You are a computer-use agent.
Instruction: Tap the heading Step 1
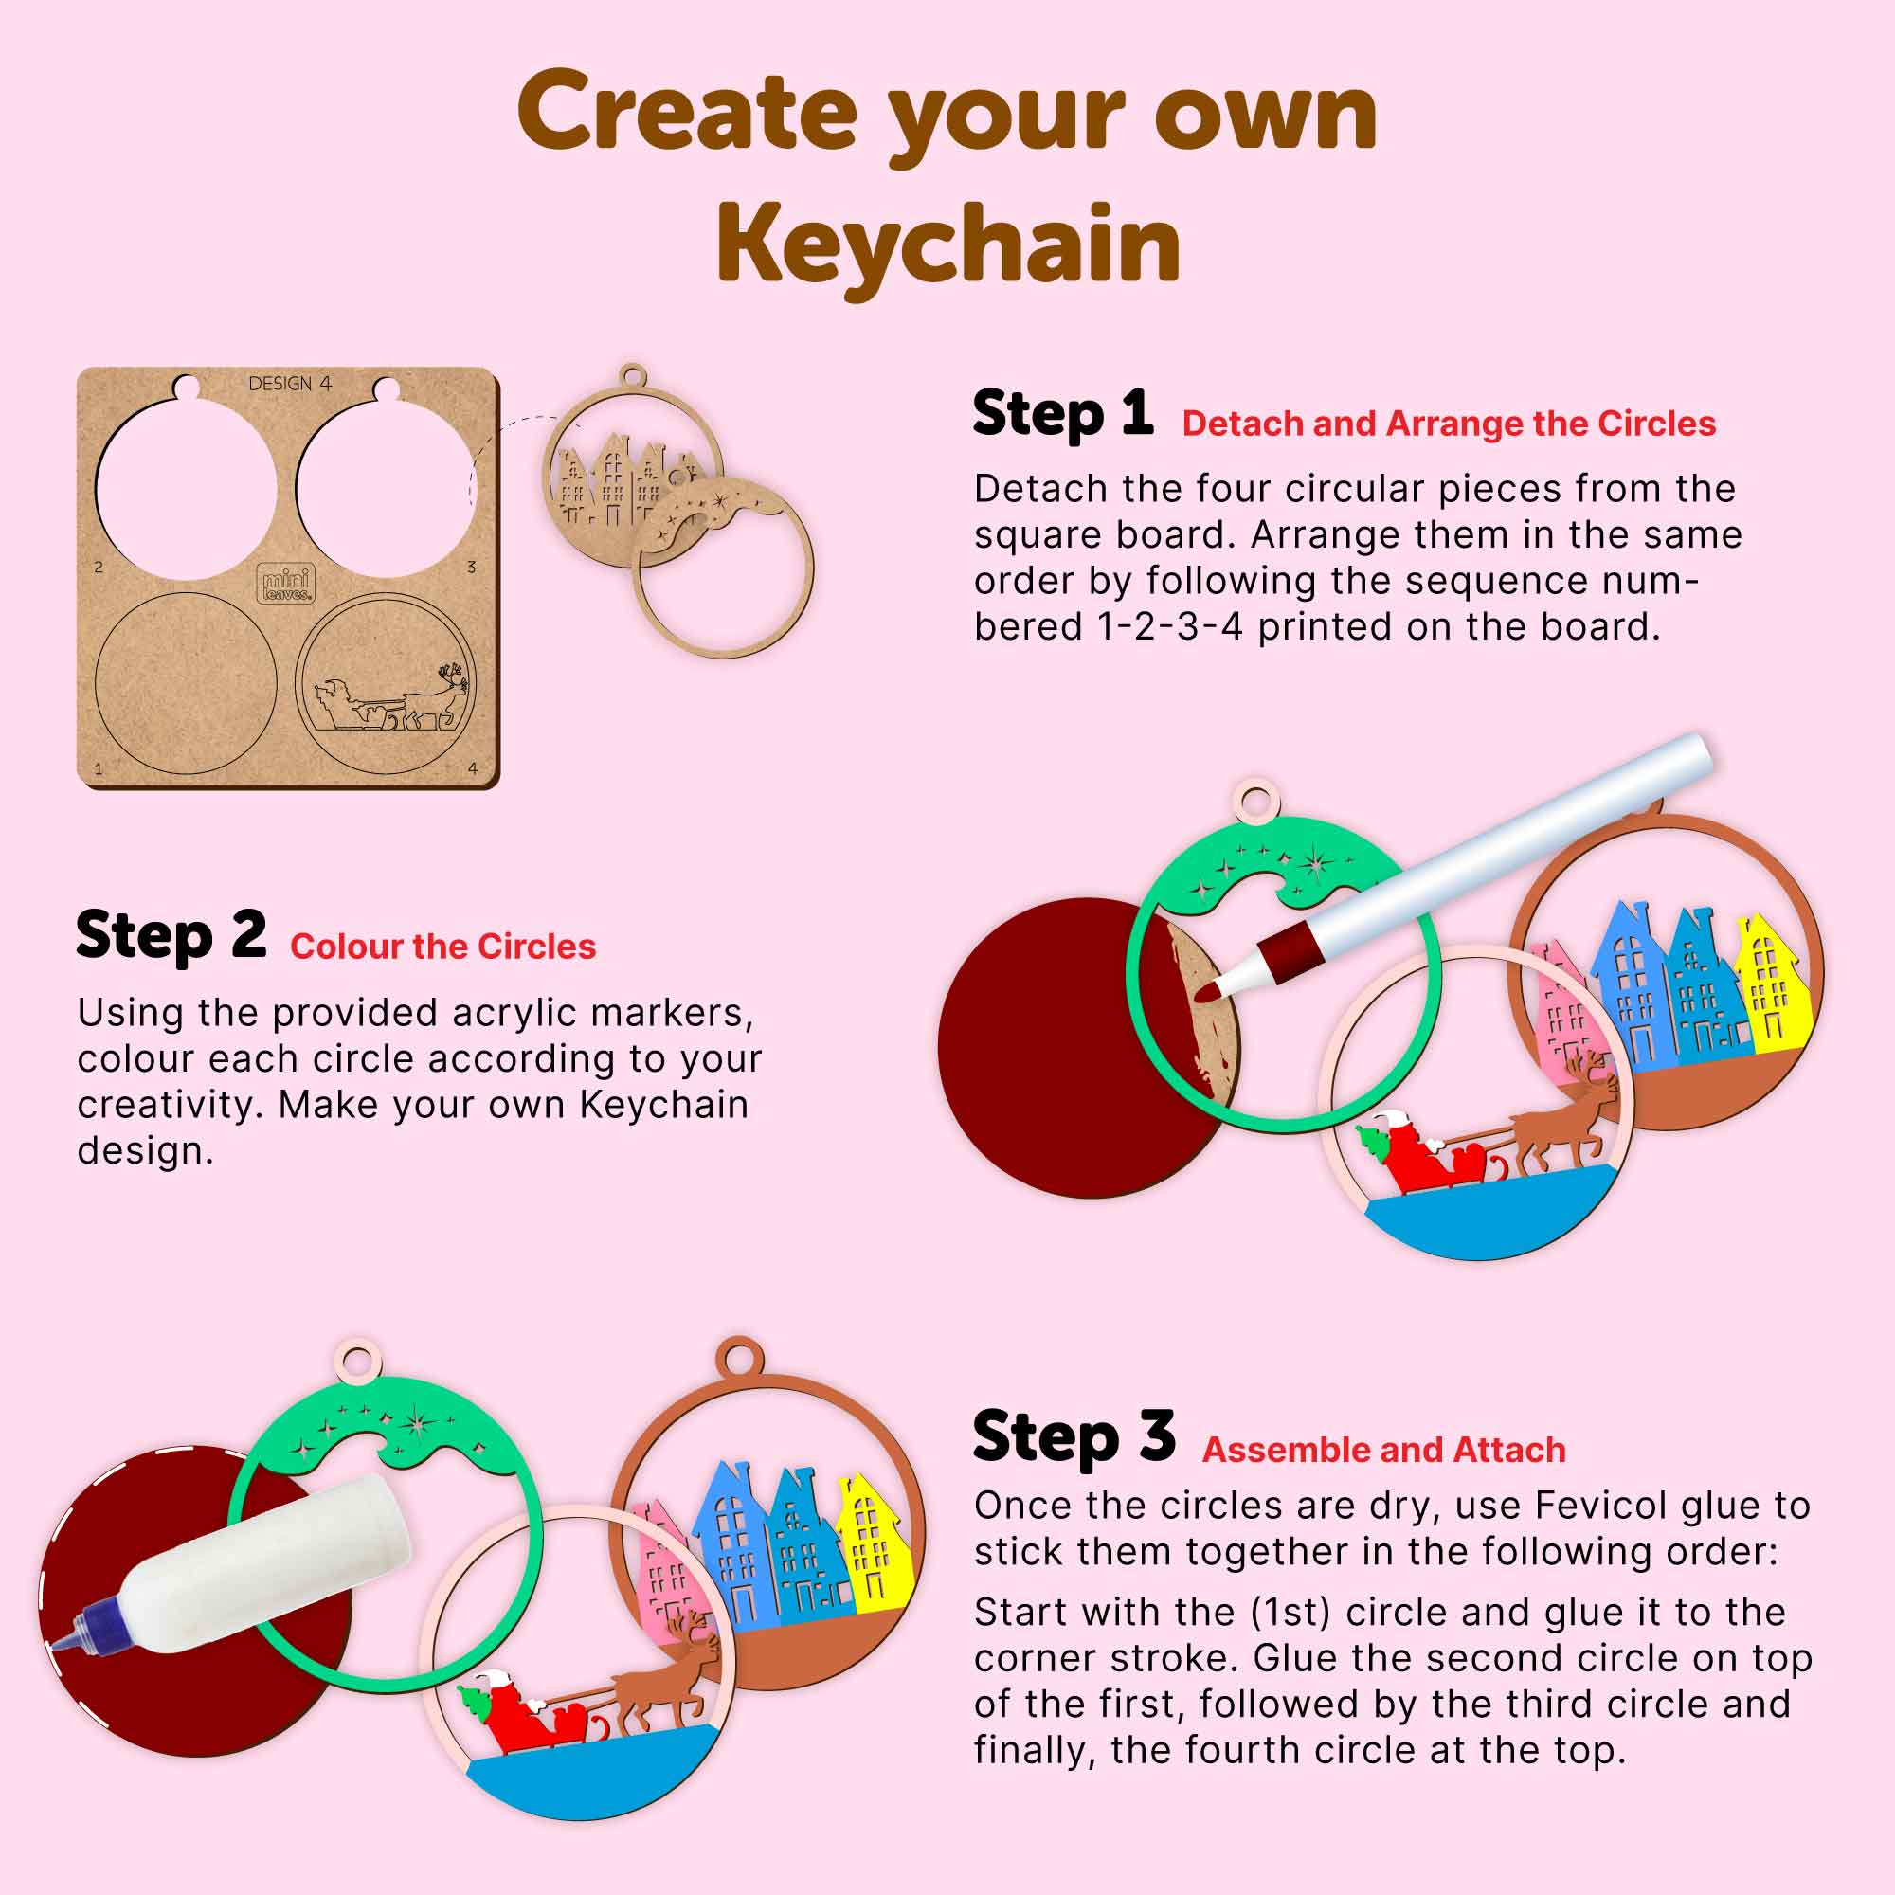1061,414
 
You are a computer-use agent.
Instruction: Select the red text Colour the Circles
442,947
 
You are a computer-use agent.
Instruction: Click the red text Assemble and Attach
1384,1450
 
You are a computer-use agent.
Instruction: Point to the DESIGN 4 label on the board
289,384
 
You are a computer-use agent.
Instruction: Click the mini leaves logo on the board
285,584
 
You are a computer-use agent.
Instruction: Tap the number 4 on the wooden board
473,768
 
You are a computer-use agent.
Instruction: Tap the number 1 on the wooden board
99,768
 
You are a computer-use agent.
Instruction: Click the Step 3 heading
1074,1437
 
